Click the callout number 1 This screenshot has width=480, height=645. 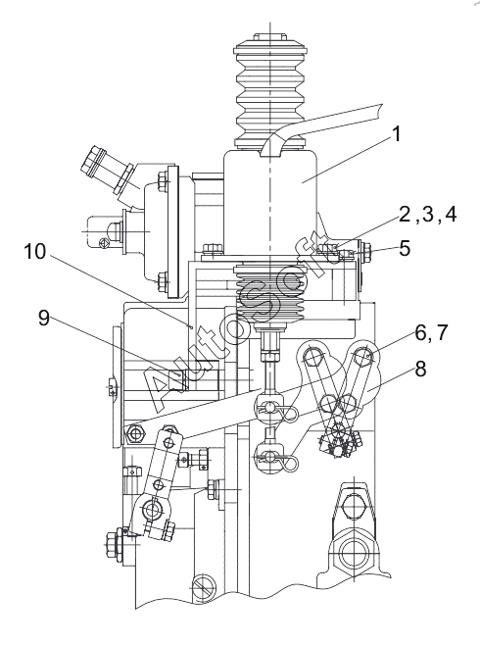pyautogui.click(x=396, y=134)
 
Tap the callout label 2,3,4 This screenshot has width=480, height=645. pyautogui.click(x=427, y=215)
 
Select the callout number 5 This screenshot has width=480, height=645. pyautogui.click(x=405, y=248)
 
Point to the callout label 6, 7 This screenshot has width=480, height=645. pyautogui.click(x=431, y=332)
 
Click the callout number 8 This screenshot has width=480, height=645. pyautogui.click(x=420, y=369)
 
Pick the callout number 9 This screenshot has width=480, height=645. pyautogui.click(x=44, y=318)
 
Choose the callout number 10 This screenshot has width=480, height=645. pyautogui.click(x=34, y=251)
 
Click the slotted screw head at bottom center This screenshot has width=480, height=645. pyautogui.click(x=204, y=586)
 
